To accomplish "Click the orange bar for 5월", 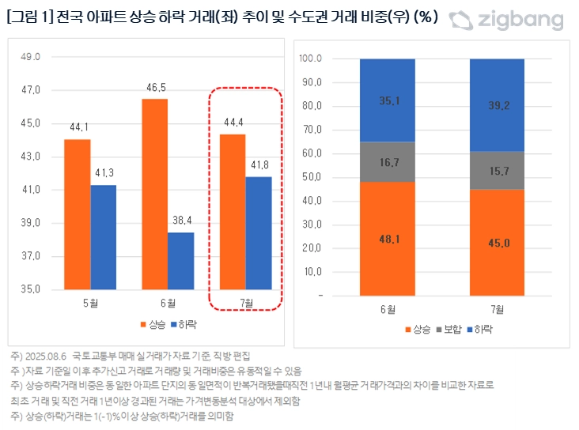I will pos(78,214).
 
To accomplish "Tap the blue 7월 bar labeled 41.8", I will pos(259,232).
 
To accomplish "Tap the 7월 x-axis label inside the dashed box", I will pos(246,303).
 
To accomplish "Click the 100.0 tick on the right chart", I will pos(311,58).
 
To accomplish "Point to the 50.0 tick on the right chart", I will pos(311,177).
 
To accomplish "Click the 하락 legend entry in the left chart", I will pos(184,324).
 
